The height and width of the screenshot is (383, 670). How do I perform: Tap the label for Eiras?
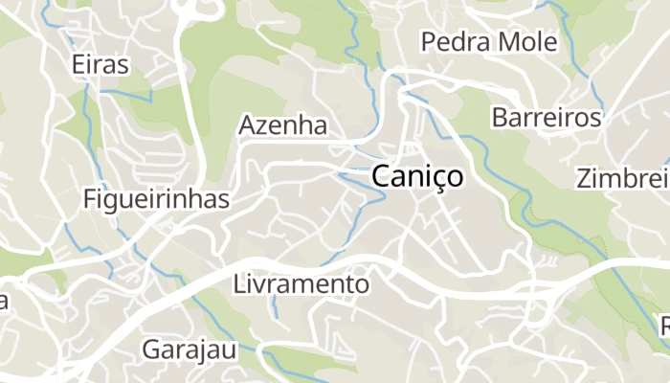pos(100,64)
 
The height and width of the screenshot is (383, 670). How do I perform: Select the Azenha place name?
pos(282,125)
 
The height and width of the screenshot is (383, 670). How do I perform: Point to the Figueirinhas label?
pos(156,199)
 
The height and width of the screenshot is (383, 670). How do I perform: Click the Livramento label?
pos(301,284)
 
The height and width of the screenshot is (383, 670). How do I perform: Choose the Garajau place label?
pos(189,349)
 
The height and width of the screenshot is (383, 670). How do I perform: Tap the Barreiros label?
pos(547,118)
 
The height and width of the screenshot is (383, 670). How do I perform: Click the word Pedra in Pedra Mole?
pos(453,42)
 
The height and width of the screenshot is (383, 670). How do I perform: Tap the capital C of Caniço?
pos(380,176)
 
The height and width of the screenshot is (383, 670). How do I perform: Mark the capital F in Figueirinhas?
pos(90,199)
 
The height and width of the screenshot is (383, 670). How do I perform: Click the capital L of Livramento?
pos(239,284)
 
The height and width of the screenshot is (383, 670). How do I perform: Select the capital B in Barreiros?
pos(499,118)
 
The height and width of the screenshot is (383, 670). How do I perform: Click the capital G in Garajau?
pos(151,349)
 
